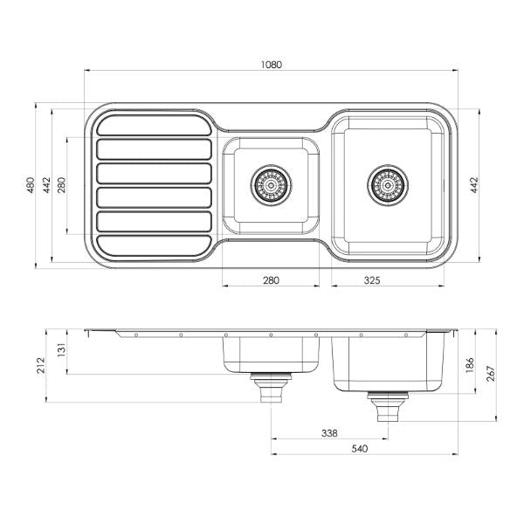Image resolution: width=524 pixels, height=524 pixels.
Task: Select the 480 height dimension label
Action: (x=30, y=185)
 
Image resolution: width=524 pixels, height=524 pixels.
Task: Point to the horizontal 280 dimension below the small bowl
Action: (x=271, y=280)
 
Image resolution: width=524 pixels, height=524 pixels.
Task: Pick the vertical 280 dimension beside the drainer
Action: (x=62, y=185)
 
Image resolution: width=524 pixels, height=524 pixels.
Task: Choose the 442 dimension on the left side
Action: (x=46, y=185)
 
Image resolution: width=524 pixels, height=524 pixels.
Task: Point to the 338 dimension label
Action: (x=330, y=432)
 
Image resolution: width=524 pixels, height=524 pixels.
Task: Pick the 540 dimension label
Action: (x=360, y=449)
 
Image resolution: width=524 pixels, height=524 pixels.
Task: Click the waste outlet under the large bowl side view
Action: (x=385, y=405)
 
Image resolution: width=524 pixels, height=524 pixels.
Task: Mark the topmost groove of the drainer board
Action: (x=154, y=125)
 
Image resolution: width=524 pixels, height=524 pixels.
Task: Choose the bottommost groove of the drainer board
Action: (x=154, y=246)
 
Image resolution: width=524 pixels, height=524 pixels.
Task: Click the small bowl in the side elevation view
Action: (x=271, y=353)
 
